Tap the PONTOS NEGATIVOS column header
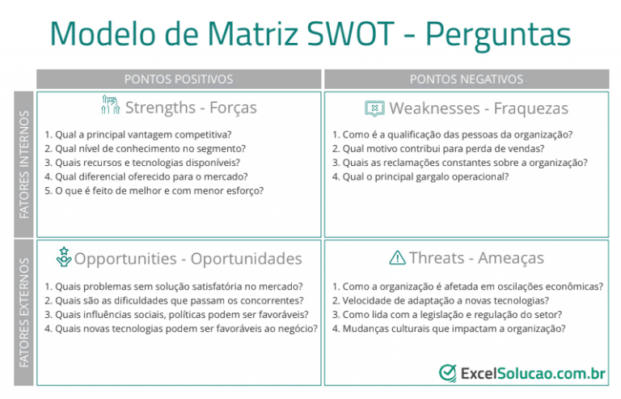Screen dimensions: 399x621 (x=466, y=79)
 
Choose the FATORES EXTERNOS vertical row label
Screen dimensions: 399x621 (x=23, y=312)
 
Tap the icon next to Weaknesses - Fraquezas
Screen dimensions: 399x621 (x=374, y=108)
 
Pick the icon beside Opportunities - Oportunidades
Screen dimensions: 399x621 (x=63, y=257)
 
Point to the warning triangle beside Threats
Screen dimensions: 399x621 (x=397, y=258)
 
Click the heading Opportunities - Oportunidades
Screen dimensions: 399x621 (x=188, y=258)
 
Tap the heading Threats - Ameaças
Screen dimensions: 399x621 (x=476, y=258)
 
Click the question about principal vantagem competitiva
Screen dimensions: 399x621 (x=137, y=134)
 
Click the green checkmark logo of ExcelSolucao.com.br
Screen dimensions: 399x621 (x=447, y=372)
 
